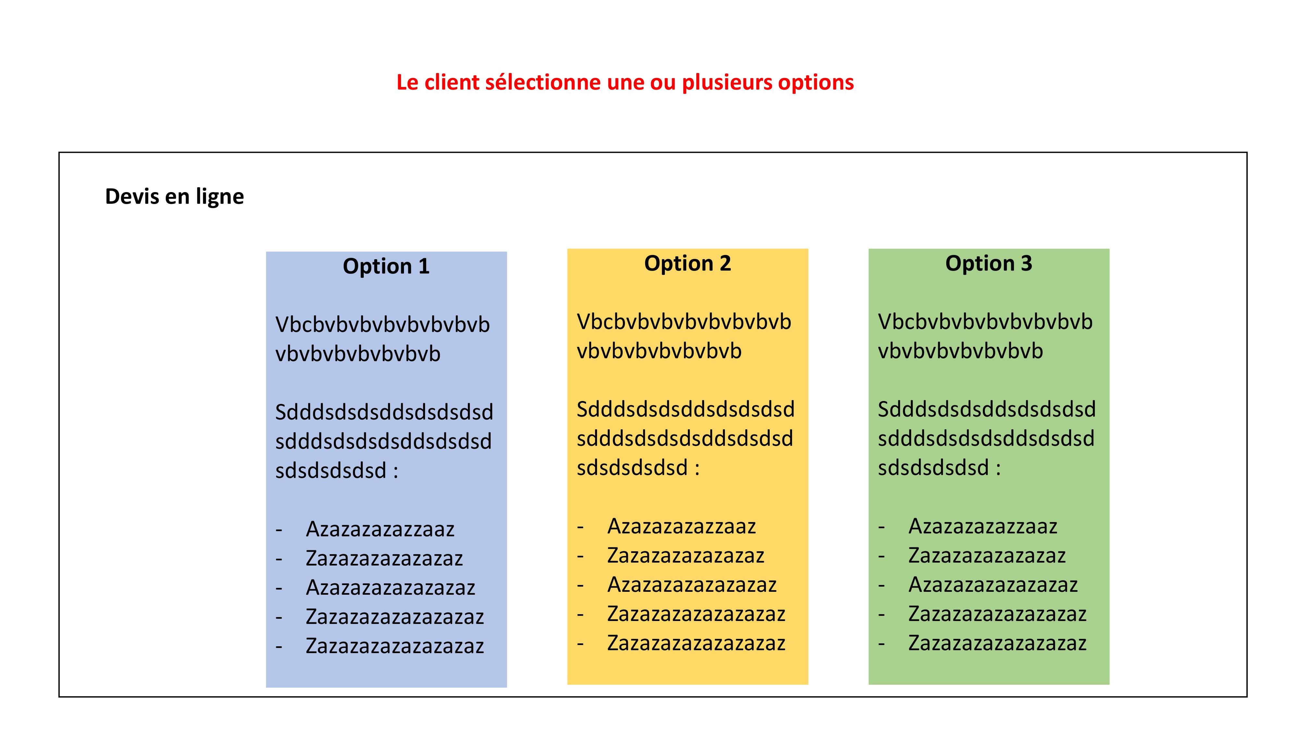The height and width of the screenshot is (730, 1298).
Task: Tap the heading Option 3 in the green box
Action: (989, 263)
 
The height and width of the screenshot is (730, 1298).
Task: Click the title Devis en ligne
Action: (174, 197)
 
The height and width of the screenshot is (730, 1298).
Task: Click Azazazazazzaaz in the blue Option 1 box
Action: (380, 529)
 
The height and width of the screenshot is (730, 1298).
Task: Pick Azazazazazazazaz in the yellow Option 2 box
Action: (692, 584)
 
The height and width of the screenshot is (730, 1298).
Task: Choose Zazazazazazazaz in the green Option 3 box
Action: (986, 555)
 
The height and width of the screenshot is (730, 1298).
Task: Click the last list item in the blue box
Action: (395, 646)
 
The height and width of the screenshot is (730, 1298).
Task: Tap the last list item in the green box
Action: (997, 643)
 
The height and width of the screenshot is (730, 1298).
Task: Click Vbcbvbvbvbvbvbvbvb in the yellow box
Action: (684, 322)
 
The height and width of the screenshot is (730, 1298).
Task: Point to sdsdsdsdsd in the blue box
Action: (331, 470)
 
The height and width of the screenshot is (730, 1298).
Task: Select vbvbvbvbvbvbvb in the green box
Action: (961, 351)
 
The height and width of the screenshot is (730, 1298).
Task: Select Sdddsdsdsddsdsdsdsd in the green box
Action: (986, 409)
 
